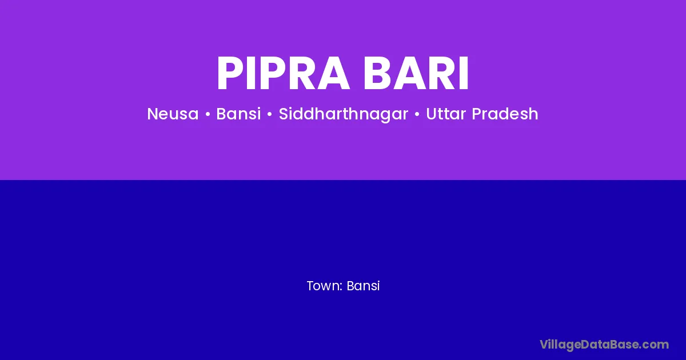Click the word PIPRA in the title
pos(284,73)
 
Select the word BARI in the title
pos(416,73)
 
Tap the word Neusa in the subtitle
pos(173,114)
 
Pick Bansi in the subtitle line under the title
pos(238,114)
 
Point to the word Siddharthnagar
pos(344,114)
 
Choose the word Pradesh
pos(505,114)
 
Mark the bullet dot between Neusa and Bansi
pos(208,114)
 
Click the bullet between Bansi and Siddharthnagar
pos(270,114)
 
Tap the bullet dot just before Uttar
pos(417,114)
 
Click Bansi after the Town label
pos(363,286)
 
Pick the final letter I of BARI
pos(464,73)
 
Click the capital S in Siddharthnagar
pos(284,114)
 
